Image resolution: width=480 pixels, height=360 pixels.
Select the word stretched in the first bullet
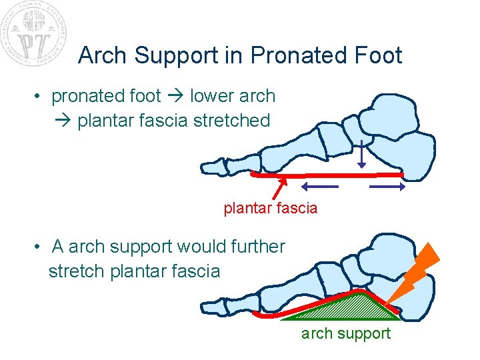click(x=231, y=121)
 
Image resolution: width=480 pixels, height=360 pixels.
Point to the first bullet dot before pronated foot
click(x=40, y=97)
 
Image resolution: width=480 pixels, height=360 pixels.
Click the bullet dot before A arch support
click(x=40, y=247)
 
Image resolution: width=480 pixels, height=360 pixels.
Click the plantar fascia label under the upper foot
click(x=271, y=209)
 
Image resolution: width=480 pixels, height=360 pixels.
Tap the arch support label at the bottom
click(x=346, y=333)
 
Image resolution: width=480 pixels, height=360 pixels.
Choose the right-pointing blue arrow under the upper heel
click(x=387, y=187)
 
